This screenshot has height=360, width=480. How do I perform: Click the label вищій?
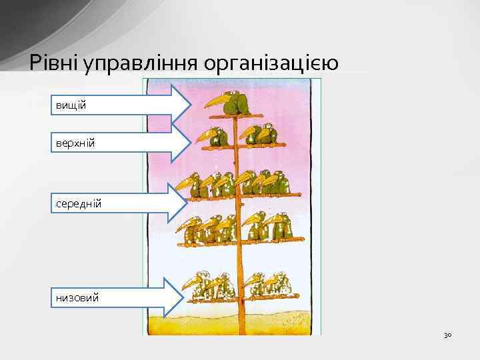point(70,105)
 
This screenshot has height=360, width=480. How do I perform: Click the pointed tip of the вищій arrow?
point(194,105)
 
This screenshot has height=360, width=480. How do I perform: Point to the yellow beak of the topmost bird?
point(215,102)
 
